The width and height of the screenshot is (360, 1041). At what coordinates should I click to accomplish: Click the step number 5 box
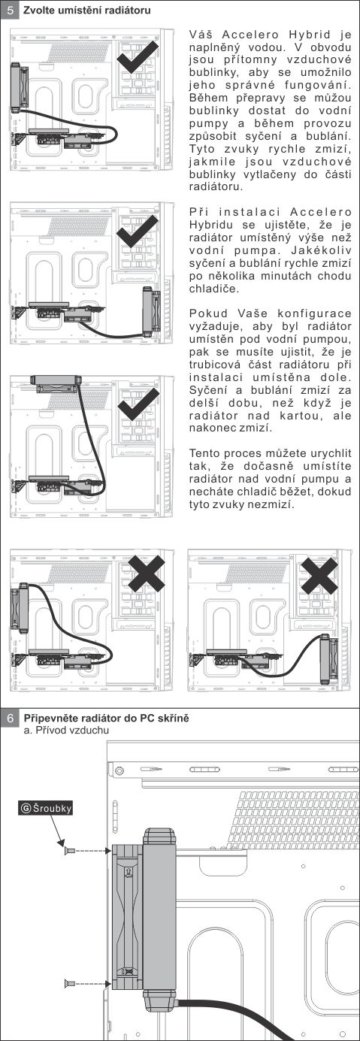[10, 10]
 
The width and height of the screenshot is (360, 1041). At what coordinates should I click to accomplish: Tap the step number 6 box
[10, 718]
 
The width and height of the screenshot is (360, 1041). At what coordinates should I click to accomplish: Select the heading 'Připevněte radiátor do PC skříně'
[107, 718]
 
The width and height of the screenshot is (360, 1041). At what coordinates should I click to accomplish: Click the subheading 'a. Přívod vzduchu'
[66, 730]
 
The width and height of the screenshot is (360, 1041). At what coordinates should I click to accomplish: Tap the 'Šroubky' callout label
[47, 808]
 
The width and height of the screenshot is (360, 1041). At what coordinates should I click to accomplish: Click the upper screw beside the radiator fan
[69, 851]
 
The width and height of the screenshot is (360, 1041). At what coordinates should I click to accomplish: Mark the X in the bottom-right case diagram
[319, 575]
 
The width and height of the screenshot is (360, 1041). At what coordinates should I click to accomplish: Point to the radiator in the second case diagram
[152, 312]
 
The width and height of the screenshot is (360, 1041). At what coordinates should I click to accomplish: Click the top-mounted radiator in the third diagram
[56, 383]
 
